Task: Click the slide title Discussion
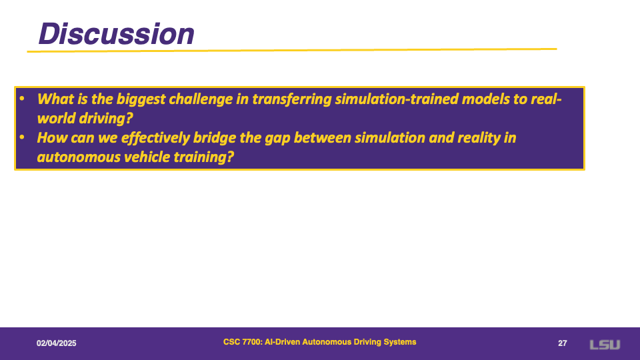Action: (116, 33)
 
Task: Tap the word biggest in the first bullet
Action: (141, 99)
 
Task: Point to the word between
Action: (323, 137)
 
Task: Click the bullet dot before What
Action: (22, 99)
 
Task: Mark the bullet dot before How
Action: (22, 137)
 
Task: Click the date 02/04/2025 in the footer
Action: (56, 343)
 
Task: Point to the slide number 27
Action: (563, 343)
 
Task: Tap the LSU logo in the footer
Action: (605, 345)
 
